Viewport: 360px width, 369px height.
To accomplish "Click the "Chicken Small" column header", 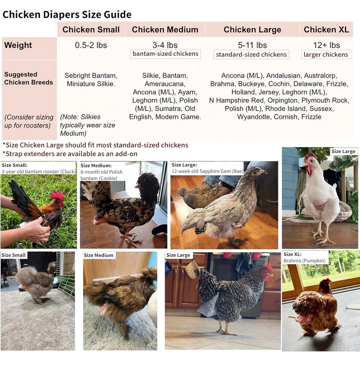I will coord(91,30).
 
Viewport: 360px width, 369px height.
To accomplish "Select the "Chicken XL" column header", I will coord(326,30).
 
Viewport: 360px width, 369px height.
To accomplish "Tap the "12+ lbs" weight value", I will coord(326,45).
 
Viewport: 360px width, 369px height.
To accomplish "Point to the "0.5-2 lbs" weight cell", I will coord(91,45).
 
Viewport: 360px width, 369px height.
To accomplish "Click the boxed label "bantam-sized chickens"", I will coord(165,54).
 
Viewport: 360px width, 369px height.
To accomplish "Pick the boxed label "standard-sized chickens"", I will coord(252,55).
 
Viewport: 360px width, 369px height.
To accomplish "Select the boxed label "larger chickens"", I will coord(326,55).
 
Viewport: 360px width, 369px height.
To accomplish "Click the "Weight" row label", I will coord(18,45).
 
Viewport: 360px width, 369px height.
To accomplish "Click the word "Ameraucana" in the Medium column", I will coord(165,84).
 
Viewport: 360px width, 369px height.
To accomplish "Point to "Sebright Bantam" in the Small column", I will coord(91,76).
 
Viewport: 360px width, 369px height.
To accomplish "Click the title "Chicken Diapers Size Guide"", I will coord(67,15).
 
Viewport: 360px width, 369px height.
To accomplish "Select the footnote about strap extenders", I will coord(70,154).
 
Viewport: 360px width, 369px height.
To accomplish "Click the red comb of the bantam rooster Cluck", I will coord(58,196).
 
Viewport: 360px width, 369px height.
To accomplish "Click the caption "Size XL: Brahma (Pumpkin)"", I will coord(305,258).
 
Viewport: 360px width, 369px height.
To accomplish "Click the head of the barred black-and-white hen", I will coord(266,271).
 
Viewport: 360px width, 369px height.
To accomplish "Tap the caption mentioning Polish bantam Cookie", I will coord(102,172).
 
